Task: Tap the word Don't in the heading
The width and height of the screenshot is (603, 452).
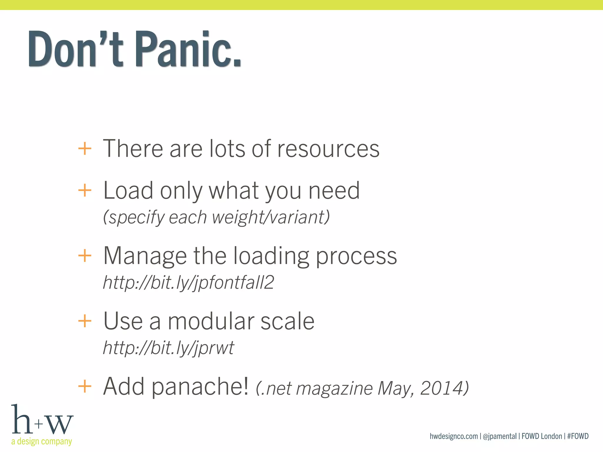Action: pyautogui.click(x=75, y=49)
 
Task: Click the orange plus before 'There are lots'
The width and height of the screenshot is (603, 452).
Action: pyautogui.click(x=85, y=149)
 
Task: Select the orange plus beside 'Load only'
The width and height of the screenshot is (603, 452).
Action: pyautogui.click(x=85, y=190)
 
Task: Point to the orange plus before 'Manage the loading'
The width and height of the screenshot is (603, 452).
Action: pyautogui.click(x=85, y=255)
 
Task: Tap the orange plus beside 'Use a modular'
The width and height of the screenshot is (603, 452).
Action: pyautogui.click(x=85, y=321)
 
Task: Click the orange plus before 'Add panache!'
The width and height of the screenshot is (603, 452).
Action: pyautogui.click(x=85, y=386)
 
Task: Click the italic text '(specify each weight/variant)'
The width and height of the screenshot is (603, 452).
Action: pyautogui.click(x=216, y=217)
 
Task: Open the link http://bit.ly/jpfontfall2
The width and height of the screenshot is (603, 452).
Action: pyautogui.click(x=188, y=282)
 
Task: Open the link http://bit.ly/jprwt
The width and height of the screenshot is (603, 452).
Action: pyautogui.click(x=168, y=348)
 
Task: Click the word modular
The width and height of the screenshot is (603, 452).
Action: pyautogui.click(x=211, y=321)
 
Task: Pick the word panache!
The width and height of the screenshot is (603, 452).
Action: pyautogui.click(x=200, y=387)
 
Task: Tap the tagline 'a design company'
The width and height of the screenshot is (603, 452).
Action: pyautogui.click(x=42, y=441)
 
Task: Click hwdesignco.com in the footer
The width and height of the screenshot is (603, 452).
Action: pyautogui.click(x=453, y=436)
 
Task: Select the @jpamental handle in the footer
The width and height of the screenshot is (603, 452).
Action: pyautogui.click(x=500, y=436)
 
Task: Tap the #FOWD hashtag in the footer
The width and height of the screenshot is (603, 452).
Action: pyautogui.click(x=578, y=436)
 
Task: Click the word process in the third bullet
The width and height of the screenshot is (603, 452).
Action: pyautogui.click(x=356, y=256)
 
